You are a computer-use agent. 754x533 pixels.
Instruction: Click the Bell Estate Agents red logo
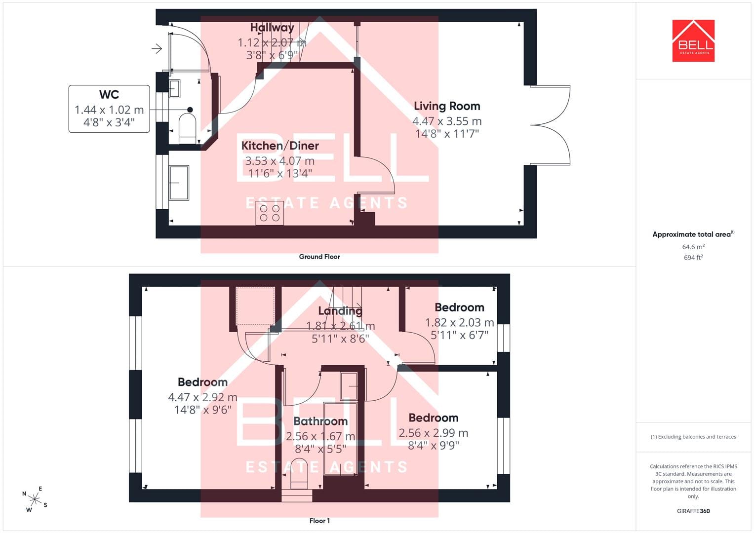point(693,40)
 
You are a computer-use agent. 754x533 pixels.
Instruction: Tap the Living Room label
point(447,106)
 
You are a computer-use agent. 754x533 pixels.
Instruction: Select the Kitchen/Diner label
point(280,146)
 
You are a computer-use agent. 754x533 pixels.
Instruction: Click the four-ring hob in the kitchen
point(270,213)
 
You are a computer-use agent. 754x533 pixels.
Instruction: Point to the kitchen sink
point(179,183)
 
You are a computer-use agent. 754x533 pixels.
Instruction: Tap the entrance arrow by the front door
point(157,49)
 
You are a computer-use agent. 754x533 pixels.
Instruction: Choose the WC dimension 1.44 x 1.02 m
point(109,110)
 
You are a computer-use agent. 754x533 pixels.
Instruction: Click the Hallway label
point(272,27)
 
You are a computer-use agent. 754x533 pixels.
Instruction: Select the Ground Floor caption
point(319,257)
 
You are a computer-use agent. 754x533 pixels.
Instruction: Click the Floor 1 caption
point(319,521)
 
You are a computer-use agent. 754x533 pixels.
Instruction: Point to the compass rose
point(35,499)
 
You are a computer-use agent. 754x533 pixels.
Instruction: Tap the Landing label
point(340,310)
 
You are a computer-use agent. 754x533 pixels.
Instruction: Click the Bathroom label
point(320,421)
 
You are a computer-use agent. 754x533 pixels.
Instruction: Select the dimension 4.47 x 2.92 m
point(202,397)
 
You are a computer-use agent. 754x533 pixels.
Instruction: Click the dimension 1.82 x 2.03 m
point(460,322)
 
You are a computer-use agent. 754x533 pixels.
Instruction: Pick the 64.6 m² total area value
point(693,247)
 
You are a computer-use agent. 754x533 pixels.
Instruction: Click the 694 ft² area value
point(693,258)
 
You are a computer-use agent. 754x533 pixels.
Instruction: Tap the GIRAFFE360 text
point(693,511)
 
